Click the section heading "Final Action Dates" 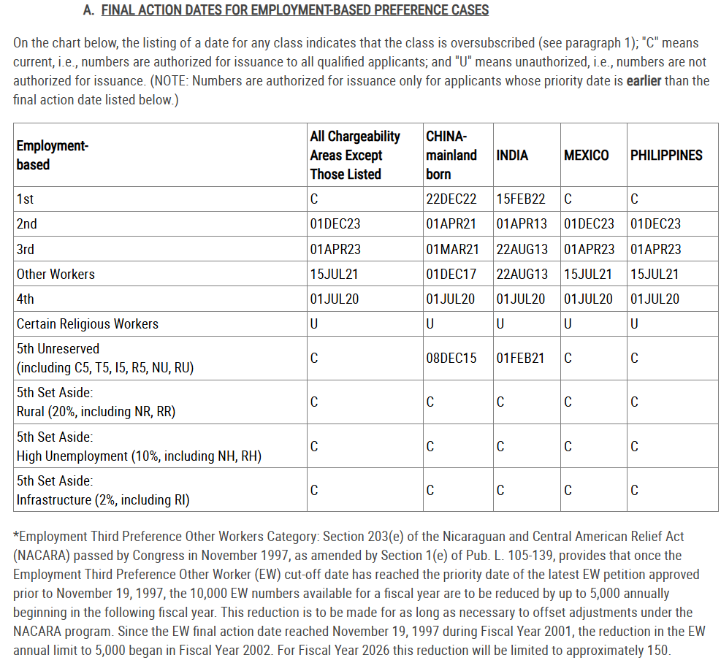[294, 10]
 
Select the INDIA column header [512, 155]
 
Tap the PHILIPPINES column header [666, 155]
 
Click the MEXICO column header [586, 155]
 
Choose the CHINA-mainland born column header [451, 155]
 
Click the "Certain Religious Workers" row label [87, 323]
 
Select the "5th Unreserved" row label [58, 349]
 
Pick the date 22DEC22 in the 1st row [451, 199]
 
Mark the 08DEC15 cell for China [451, 358]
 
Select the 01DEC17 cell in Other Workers [451, 275]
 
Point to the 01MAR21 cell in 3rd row [452, 249]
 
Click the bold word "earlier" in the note [644, 80]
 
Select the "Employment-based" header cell [52, 155]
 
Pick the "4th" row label [25, 299]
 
